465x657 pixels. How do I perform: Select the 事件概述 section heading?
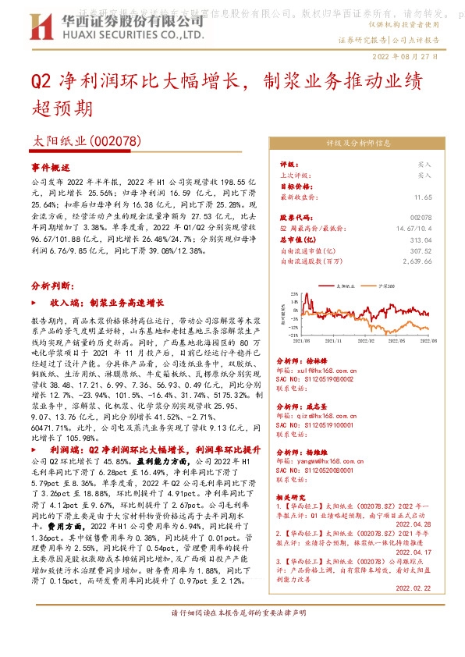pyautogui.click(x=50, y=168)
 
